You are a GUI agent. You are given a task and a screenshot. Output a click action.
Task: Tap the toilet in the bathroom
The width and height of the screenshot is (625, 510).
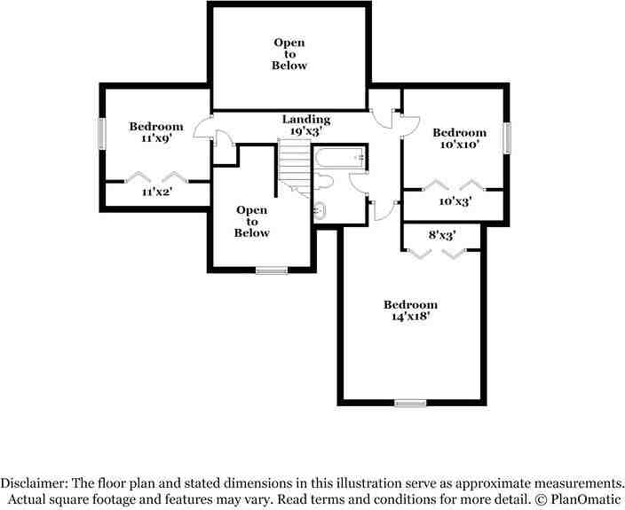(326, 183)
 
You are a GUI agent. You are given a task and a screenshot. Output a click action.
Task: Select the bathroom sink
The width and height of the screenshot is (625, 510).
(319, 211)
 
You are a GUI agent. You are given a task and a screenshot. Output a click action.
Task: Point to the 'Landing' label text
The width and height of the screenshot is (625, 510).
(306, 119)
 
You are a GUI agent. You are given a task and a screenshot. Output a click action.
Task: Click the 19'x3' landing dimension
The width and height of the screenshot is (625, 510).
(306, 131)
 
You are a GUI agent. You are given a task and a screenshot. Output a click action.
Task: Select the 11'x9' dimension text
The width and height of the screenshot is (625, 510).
(156, 138)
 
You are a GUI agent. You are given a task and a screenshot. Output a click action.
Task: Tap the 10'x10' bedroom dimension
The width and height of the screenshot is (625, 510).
(459, 145)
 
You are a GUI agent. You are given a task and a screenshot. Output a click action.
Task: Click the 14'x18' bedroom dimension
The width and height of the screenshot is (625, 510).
(410, 317)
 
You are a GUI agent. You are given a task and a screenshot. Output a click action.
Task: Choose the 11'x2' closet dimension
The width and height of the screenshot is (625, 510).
(156, 191)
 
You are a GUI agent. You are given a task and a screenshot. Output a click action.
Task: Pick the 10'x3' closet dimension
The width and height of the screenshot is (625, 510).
(455, 201)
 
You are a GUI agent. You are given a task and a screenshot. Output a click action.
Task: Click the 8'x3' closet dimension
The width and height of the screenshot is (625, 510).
(442, 236)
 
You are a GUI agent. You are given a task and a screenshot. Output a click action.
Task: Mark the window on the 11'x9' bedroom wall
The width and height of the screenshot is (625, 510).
(100, 133)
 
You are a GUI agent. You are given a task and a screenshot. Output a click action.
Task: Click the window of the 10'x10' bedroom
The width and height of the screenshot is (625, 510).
(510, 137)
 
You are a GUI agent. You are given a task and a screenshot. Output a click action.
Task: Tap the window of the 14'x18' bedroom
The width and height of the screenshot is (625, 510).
(410, 404)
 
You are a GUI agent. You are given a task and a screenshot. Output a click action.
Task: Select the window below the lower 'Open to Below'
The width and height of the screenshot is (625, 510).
(271, 271)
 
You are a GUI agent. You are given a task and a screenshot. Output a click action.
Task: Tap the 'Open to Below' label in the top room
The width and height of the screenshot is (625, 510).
(289, 54)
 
